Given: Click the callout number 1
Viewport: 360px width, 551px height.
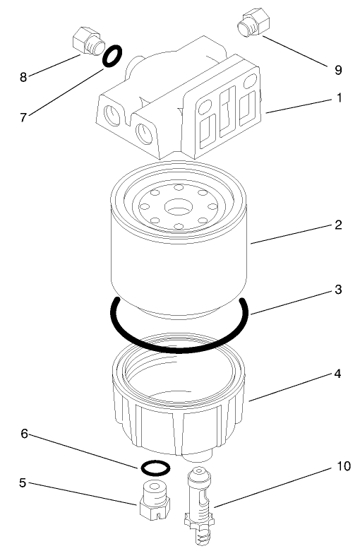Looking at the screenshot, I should click(x=339, y=98).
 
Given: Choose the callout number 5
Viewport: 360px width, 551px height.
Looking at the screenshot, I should click(x=23, y=483).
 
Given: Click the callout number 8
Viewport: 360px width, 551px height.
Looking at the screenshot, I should click(x=23, y=77).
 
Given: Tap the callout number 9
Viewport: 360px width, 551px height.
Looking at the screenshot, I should click(x=338, y=69).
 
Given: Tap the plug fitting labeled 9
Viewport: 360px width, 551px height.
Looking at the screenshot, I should click(x=251, y=20).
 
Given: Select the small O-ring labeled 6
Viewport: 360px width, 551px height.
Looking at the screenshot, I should click(x=155, y=467).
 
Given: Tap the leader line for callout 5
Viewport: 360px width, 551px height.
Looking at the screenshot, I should click(x=85, y=493).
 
